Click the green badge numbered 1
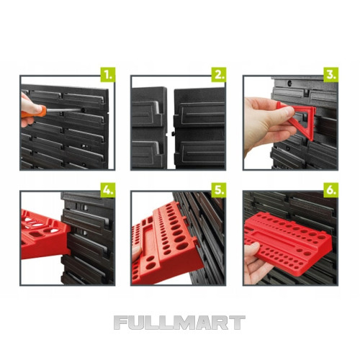tap(108, 75)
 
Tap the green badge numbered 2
tap(219, 75)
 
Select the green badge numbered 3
tap(331, 75)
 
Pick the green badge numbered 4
tap(108, 190)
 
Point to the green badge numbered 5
tap(219, 190)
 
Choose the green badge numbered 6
tap(331, 190)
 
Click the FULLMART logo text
tap(179, 323)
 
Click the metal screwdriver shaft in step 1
tap(63, 110)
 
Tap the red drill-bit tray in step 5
tap(166, 243)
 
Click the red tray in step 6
tap(288, 243)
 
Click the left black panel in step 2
tap(149, 128)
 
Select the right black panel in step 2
tap(199, 128)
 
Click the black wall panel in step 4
tap(88, 238)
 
